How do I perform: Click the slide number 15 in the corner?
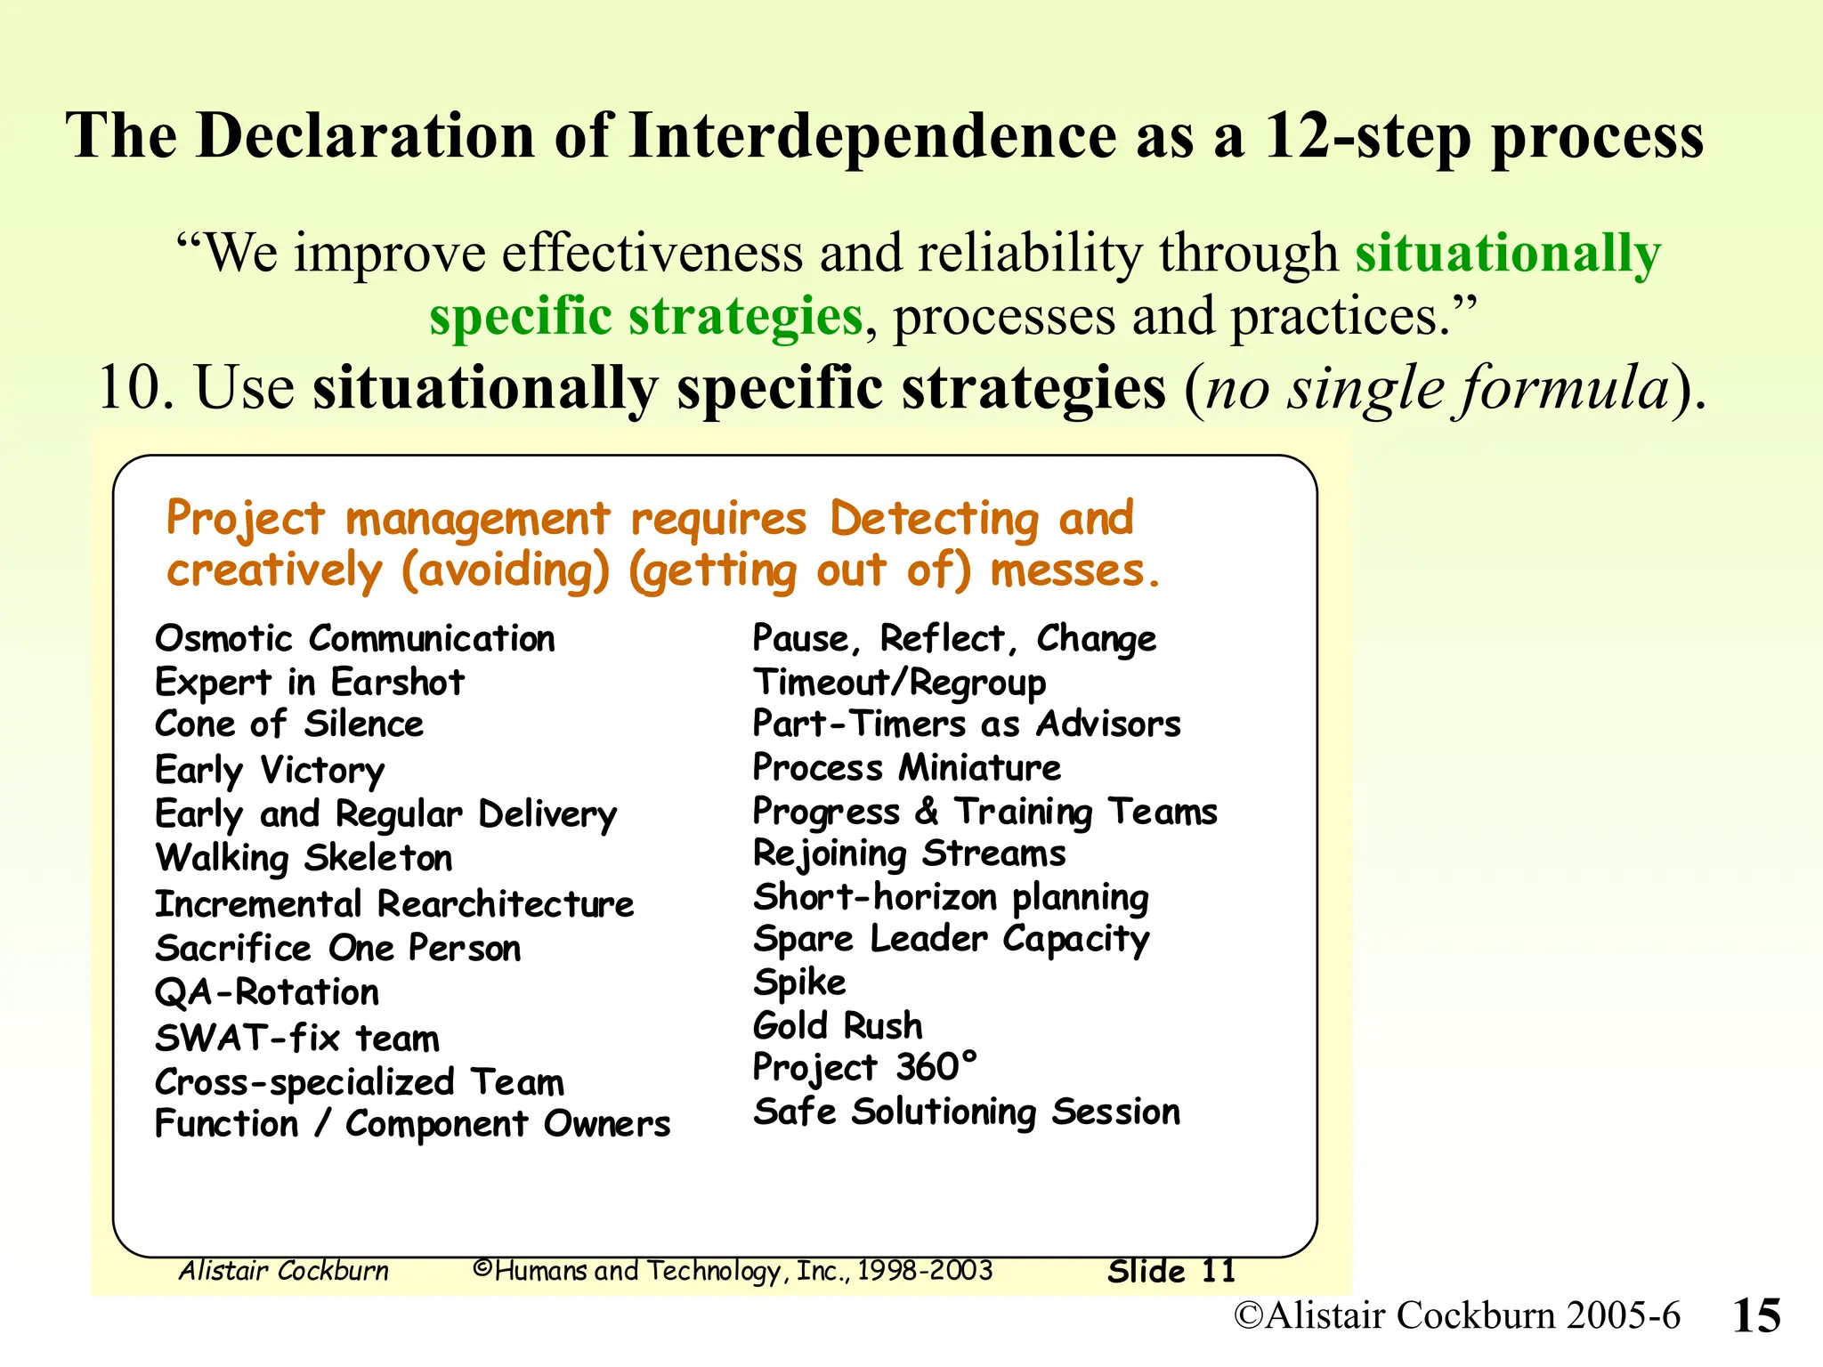[x=1756, y=1315]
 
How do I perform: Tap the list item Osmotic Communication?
[x=354, y=639]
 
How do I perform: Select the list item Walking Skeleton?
[x=304, y=858]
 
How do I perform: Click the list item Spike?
[x=798, y=983]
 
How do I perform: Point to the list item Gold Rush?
[x=837, y=1025]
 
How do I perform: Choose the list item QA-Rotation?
[x=267, y=992]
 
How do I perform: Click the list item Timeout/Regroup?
[x=899, y=683]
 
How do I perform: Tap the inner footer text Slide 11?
[x=1171, y=1271]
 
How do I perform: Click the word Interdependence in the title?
[x=871, y=136]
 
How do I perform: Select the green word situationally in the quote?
[x=1507, y=253]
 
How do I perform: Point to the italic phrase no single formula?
[x=1437, y=389]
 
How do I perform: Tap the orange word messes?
[x=1074, y=571]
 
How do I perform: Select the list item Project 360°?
[x=864, y=1067]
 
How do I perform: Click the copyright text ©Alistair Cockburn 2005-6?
[x=1456, y=1315]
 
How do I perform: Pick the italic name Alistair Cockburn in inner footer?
[x=284, y=1271]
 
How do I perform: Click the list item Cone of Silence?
[x=289, y=724]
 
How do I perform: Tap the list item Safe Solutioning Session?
[x=966, y=1112]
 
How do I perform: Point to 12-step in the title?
[x=1367, y=136]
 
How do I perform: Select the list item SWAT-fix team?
[x=297, y=1039]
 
